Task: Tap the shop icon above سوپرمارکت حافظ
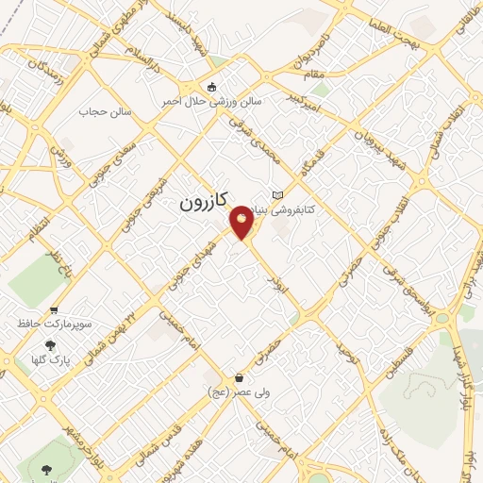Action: point(54,309)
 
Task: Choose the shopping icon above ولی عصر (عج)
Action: point(239,378)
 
